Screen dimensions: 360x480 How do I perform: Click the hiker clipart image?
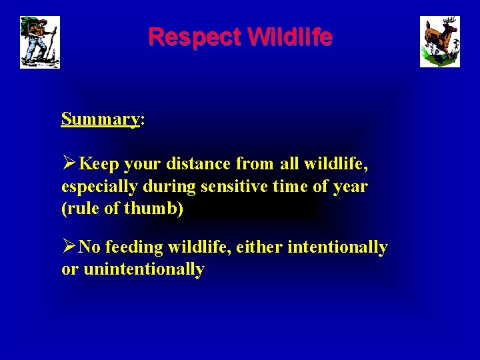tap(40, 42)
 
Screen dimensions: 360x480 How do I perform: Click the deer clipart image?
tap(439, 42)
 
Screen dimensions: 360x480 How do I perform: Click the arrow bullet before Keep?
tap(69, 163)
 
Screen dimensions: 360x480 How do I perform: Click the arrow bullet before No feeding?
tap(69, 247)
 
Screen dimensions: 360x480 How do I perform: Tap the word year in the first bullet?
tap(349, 187)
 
